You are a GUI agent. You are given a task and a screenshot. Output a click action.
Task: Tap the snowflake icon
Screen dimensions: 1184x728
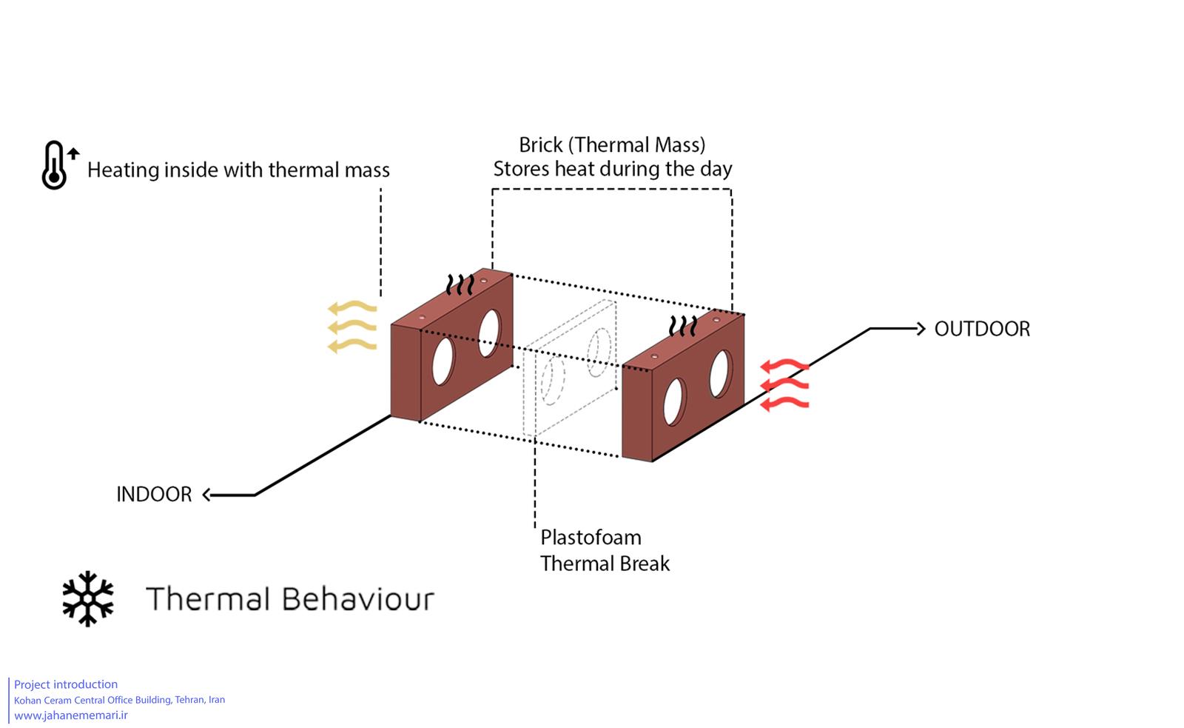88,598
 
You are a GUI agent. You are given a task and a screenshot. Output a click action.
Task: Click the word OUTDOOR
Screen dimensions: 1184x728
982,329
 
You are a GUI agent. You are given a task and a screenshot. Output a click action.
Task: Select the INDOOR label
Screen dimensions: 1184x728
154,494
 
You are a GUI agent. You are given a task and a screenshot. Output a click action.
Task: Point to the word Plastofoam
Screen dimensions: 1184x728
591,538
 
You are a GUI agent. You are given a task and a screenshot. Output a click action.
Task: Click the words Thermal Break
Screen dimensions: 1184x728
605,564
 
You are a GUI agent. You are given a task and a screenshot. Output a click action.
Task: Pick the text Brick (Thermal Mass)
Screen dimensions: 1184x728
612,145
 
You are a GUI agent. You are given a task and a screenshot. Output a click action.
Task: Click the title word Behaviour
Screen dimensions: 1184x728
358,599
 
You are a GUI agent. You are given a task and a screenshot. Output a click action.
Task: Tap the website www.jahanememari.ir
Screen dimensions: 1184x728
71,715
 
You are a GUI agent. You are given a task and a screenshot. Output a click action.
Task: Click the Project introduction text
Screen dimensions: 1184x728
66,684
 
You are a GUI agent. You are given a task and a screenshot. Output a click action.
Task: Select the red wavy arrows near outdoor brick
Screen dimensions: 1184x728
784,384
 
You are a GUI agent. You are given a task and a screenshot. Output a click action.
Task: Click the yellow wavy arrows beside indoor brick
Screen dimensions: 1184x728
352,327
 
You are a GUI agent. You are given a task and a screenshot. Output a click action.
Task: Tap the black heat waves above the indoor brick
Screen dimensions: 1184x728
460,284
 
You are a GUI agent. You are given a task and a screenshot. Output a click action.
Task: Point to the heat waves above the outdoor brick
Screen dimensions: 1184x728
683,326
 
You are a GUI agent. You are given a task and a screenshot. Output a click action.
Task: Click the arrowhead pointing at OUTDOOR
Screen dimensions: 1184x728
921,329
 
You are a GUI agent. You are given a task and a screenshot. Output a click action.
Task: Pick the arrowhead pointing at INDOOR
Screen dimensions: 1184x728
206,495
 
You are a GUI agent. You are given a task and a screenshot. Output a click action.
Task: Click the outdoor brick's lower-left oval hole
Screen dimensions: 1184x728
674,402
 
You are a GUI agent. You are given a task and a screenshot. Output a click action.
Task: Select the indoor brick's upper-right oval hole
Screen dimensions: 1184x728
489,333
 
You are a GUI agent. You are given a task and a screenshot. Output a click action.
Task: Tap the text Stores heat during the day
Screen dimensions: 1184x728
613,170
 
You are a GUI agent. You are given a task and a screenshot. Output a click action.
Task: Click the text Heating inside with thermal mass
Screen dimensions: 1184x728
238,170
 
